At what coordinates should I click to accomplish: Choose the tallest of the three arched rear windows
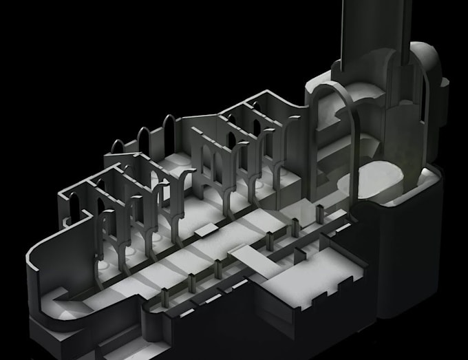click(x=169, y=131)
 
